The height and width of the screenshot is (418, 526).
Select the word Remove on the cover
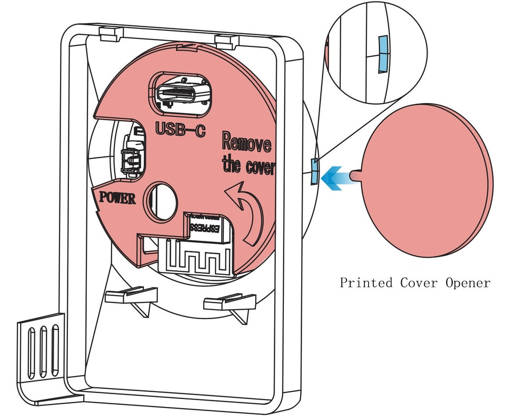click(x=246, y=142)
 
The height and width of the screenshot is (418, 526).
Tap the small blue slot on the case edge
click(x=314, y=171)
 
